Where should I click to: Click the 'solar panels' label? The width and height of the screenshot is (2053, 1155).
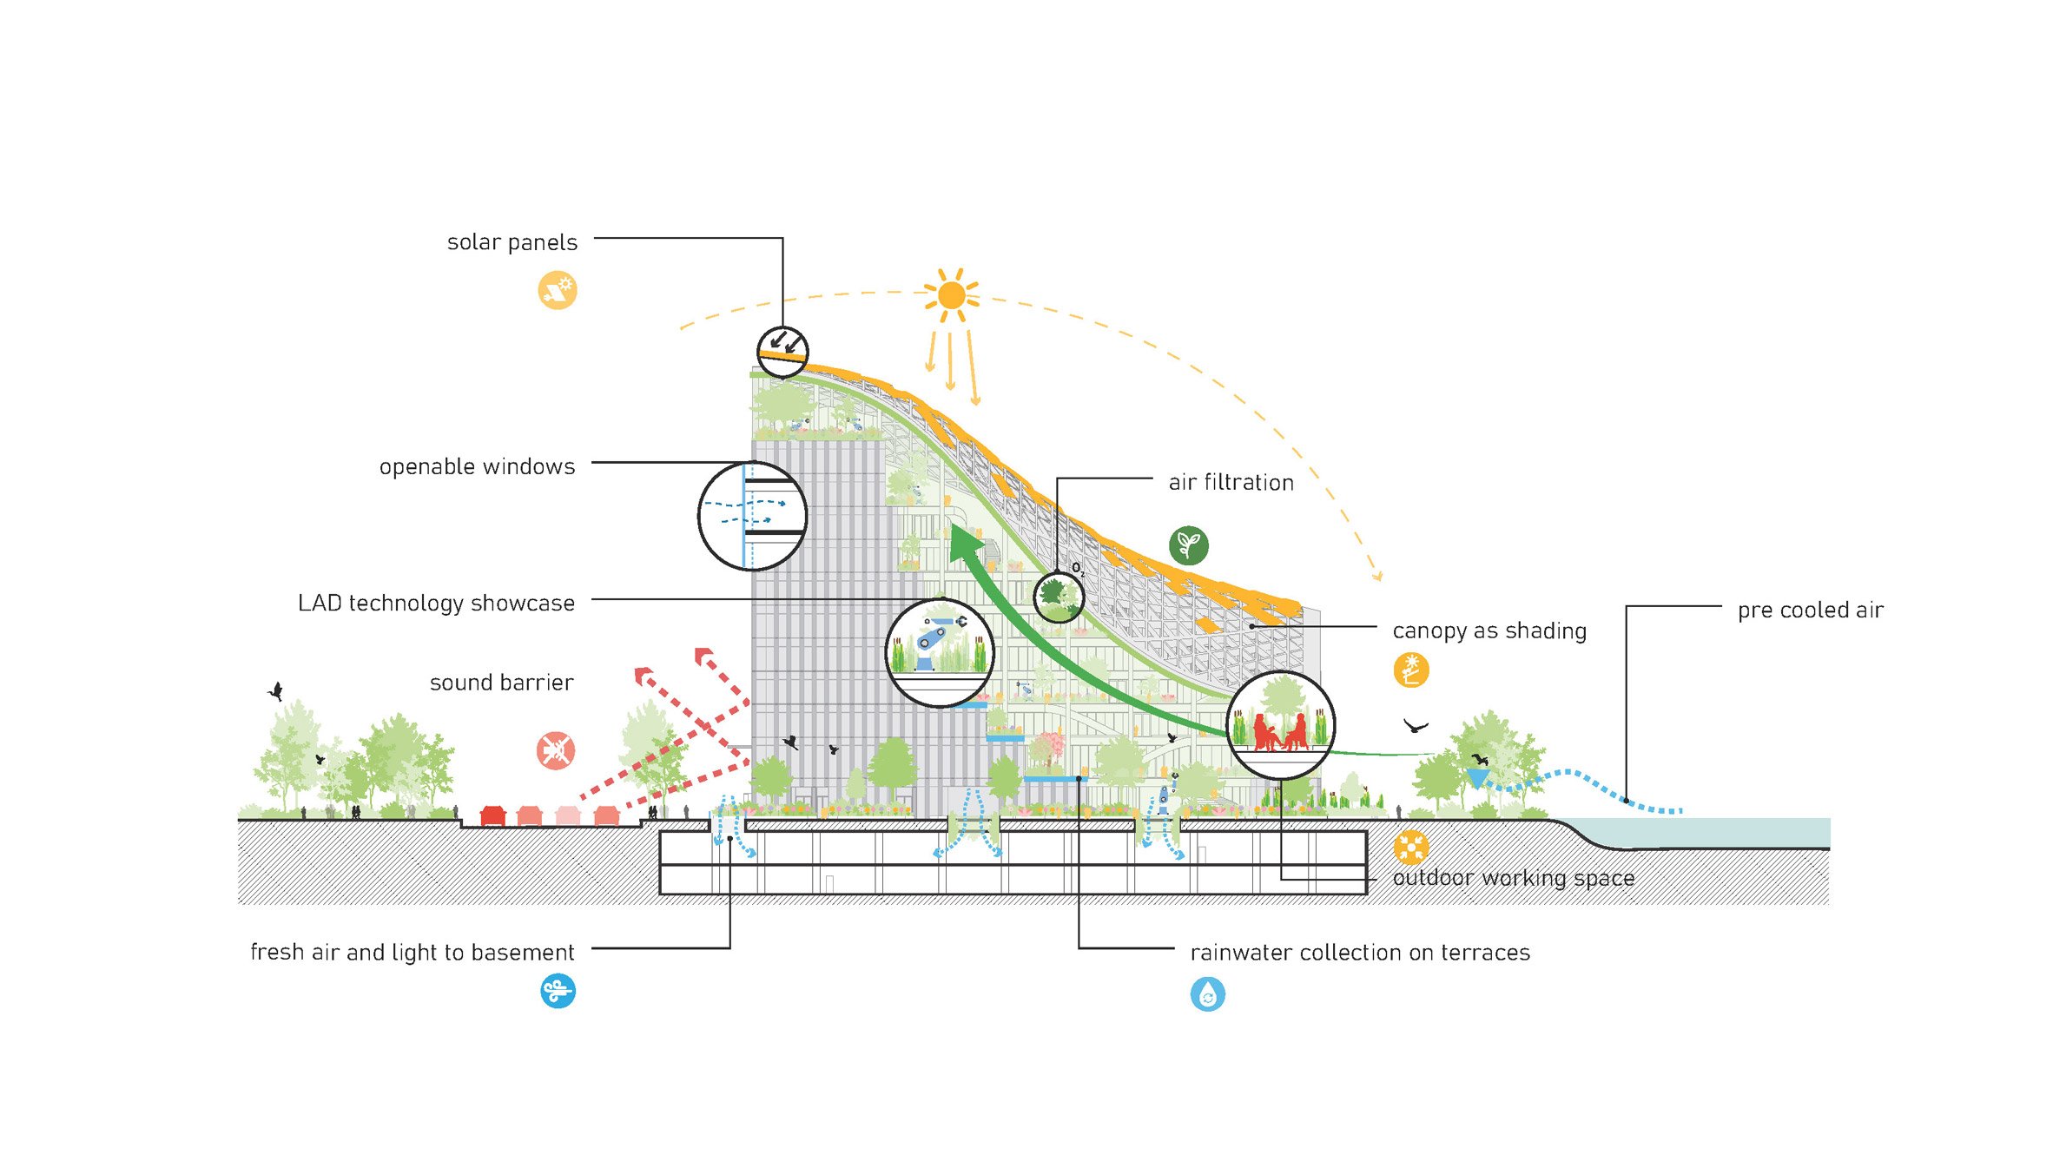[512, 242]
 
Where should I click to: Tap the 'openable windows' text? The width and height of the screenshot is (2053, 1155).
[477, 466]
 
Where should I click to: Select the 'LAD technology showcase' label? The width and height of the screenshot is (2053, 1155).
[436, 603]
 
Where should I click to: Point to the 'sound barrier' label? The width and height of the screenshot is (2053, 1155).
[501, 683]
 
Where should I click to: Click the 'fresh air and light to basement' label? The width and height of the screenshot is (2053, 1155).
[412, 952]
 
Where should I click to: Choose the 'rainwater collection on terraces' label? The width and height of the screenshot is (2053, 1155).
[1359, 953]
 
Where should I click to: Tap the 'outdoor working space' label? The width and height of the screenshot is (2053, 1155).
[1513, 878]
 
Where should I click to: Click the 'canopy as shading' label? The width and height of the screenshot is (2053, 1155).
[1489, 631]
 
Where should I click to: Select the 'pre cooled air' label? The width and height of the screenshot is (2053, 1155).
[1810, 610]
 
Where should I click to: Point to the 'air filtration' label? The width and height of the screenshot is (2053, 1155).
[1231, 483]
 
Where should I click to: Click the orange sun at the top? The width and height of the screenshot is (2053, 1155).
[952, 295]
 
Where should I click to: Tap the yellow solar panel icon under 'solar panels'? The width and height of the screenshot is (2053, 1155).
[558, 290]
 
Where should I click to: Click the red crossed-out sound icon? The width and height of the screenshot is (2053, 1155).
[556, 750]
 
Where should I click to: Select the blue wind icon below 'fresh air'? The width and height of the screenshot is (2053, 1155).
[558, 991]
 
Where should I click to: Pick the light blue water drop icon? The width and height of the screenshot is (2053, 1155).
[1207, 994]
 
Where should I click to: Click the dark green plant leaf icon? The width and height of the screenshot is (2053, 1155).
[1188, 545]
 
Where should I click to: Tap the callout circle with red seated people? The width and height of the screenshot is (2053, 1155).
[1281, 724]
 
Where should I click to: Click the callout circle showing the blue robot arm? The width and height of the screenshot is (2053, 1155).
[939, 652]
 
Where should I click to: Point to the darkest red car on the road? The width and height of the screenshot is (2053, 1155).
[493, 816]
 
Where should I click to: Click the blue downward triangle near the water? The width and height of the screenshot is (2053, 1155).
[1477, 777]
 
